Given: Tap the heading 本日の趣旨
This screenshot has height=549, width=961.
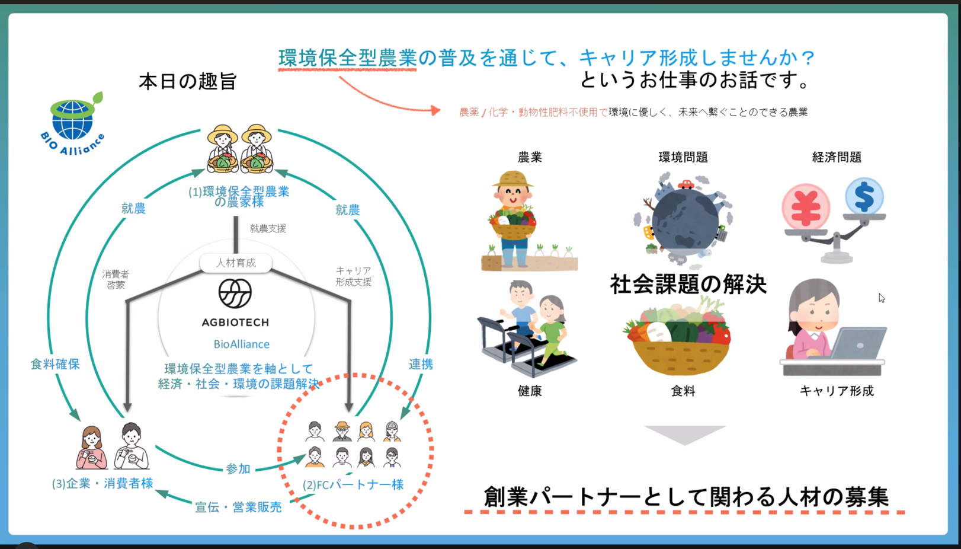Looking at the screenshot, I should coord(188,81).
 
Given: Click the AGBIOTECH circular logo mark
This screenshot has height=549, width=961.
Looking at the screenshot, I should coord(235,293).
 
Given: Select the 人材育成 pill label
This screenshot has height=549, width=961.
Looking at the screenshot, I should coord(236,263).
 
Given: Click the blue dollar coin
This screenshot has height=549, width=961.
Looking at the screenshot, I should coord(864,196).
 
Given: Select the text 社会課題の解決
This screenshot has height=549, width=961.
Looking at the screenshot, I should coord(688,285).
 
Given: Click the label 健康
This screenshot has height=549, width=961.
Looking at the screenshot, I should coord(530,391).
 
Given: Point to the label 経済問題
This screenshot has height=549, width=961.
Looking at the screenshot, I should coord(837,157).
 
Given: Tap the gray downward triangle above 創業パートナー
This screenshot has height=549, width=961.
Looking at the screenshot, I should coord(684,434).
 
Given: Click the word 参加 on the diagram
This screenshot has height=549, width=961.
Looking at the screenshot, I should coord(238,469).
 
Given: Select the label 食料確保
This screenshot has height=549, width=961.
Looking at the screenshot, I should coord(55,364).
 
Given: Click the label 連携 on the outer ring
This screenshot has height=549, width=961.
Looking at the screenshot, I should coord(421,364).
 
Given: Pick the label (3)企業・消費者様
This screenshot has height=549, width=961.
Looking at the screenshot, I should coord(102,484).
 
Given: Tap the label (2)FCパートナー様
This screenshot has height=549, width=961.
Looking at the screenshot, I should coord(353,484).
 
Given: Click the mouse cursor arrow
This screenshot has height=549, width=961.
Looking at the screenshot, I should coord(882,298).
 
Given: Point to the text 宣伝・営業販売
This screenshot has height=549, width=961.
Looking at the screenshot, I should coord(238,507).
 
